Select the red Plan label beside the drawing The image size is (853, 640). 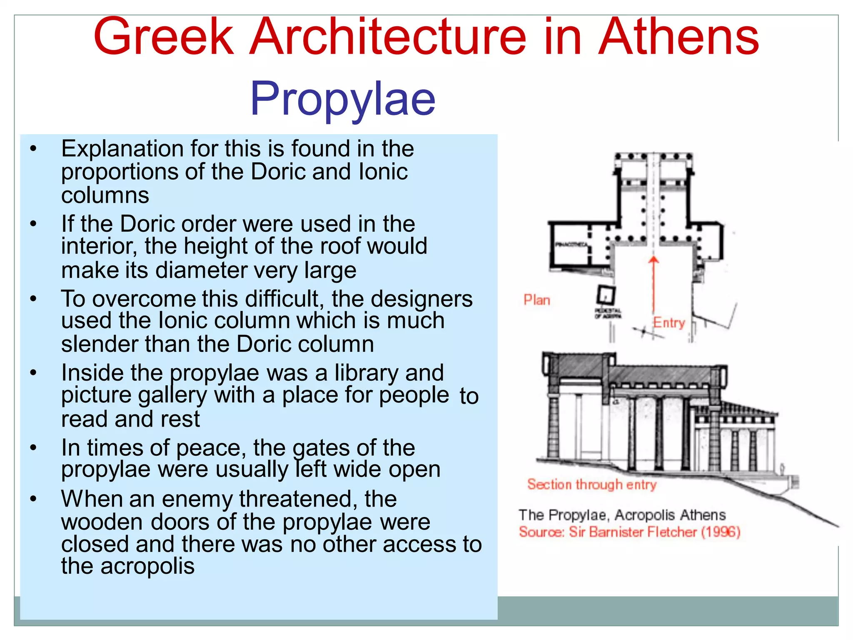[536, 300]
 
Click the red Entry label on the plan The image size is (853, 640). [668, 322]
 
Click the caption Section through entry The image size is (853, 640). [591, 484]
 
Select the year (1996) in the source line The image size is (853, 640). [721, 532]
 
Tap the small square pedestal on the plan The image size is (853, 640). [606, 295]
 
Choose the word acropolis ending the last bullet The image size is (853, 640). [147, 566]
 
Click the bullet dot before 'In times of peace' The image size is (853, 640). [34, 448]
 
